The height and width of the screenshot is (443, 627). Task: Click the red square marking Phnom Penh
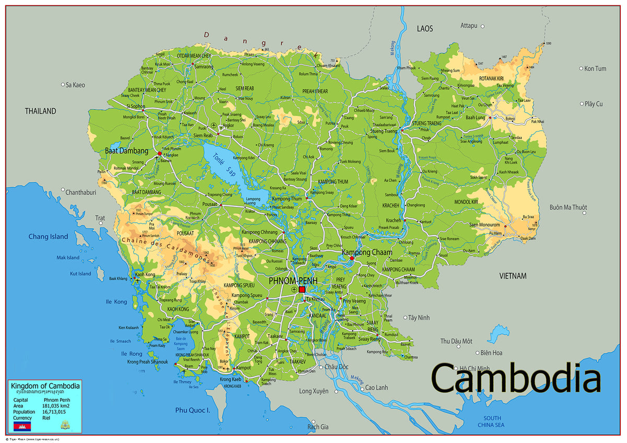(x=302, y=289)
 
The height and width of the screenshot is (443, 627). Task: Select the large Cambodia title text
(x=516, y=378)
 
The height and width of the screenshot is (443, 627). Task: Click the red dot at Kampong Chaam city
(x=352, y=258)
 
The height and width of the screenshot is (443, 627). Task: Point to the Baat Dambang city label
(x=126, y=150)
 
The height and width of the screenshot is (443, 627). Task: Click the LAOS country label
(x=425, y=29)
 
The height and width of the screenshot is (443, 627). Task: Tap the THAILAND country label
(x=40, y=111)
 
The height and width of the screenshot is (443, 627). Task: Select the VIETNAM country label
(x=513, y=275)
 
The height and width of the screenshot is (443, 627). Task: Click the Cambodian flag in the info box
(x=22, y=426)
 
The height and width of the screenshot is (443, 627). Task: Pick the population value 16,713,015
(x=54, y=412)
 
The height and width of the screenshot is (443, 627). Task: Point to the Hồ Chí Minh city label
(x=474, y=368)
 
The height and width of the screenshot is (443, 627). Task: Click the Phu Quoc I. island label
(x=192, y=410)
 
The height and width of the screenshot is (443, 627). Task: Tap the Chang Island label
(x=48, y=237)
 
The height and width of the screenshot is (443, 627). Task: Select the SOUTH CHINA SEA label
(x=492, y=421)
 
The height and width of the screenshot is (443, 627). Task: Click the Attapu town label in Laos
(x=469, y=26)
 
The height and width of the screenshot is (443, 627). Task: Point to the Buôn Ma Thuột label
(x=568, y=207)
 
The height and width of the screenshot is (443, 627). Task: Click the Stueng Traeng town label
(x=384, y=131)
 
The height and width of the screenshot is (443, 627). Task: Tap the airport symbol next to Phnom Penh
(x=294, y=289)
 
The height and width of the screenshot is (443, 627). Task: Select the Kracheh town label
(x=393, y=220)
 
